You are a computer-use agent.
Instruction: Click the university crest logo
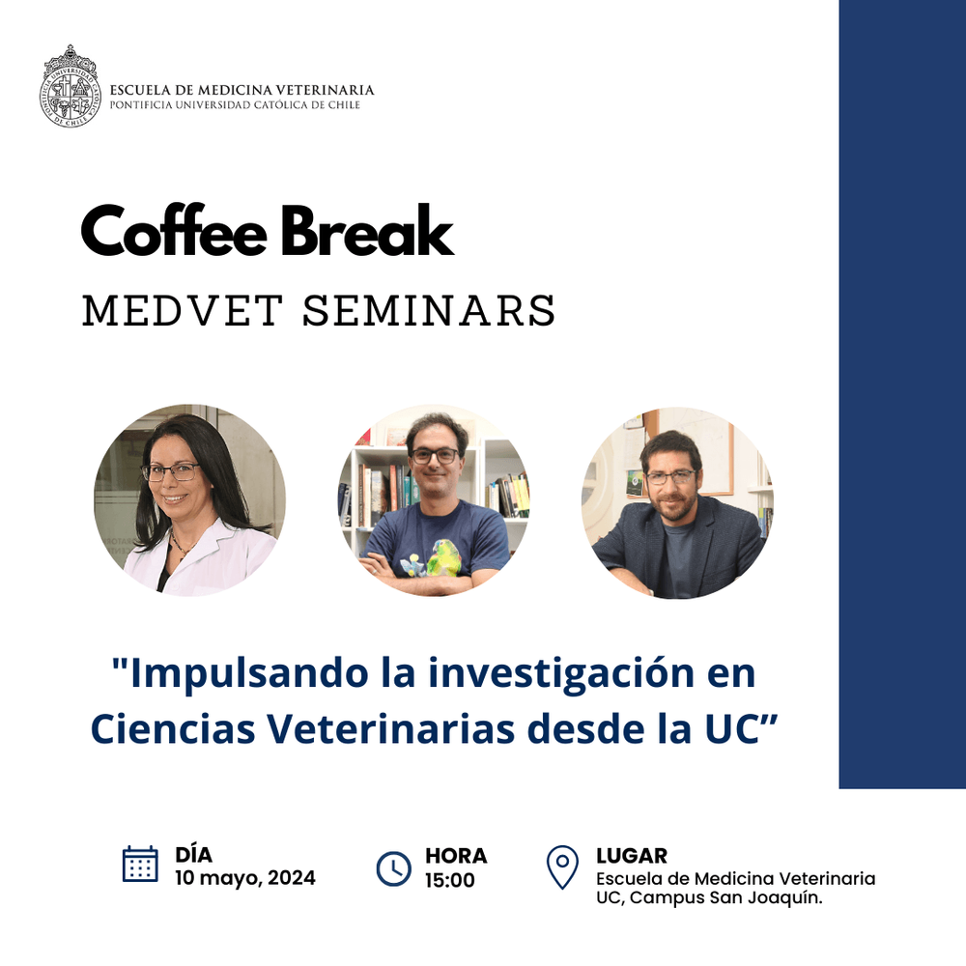[70, 86]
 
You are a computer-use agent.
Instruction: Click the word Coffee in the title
[174, 231]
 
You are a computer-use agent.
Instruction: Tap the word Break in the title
[367, 231]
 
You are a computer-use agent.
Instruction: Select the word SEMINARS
[429, 310]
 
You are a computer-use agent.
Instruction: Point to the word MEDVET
[183, 310]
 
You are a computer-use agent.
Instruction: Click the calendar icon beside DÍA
[140, 865]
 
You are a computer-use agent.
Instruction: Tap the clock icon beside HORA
[393, 868]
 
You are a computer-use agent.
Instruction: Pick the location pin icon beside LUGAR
[562, 867]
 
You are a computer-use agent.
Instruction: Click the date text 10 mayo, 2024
[245, 878]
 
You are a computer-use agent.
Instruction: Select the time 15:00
[450, 880]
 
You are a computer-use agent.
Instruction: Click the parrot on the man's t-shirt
[444, 557]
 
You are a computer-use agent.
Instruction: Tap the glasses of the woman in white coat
[171, 472]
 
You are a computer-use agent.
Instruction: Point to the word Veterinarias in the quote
[391, 728]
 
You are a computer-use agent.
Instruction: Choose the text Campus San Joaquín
[726, 897]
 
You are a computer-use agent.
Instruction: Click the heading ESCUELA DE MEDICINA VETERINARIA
[242, 90]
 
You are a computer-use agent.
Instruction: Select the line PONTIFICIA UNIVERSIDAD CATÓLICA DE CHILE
[235, 104]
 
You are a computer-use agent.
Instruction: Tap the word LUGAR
[632, 856]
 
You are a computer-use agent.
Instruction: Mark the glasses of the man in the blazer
[671, 477]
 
